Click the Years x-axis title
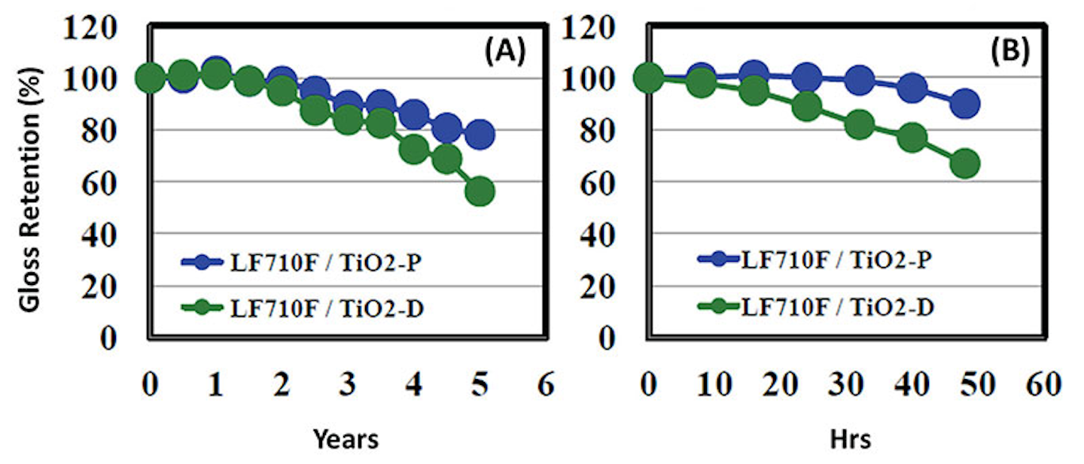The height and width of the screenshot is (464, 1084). [x=346, y=438]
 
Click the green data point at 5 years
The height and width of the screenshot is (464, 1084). [x=480, y=192]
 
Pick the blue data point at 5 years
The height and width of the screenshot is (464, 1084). [x=480, y=135]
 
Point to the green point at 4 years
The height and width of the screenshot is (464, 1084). [x=414, y=149]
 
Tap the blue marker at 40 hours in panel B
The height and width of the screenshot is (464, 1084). [x=912, y=88]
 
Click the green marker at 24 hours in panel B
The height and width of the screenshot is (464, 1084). [x=806, y=107]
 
